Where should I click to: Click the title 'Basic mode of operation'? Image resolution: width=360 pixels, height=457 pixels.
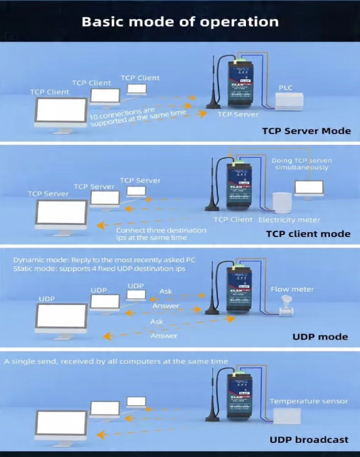click(180, 21)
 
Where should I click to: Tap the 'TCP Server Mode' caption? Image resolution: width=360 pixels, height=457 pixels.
click(306, 131)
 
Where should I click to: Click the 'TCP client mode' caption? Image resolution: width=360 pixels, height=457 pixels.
click(308, 234)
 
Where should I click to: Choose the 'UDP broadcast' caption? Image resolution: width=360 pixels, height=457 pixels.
click(309, 440)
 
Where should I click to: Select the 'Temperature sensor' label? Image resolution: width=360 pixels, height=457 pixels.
click(309, 401)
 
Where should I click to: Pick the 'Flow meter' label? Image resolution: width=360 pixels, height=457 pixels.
click(292, 289)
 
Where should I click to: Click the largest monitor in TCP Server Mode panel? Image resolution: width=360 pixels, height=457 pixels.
click(61, 113)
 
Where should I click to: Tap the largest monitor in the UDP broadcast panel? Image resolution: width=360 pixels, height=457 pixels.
click(61, 423)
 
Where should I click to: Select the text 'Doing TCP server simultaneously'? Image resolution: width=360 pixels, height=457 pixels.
click(301, 164)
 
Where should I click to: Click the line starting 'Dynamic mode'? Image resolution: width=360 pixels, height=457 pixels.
click(104, 260)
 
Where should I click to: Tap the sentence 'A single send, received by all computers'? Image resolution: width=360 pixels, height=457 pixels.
click(116, 362)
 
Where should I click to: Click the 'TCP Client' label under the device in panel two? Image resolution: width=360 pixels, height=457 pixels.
click(233, 220)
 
